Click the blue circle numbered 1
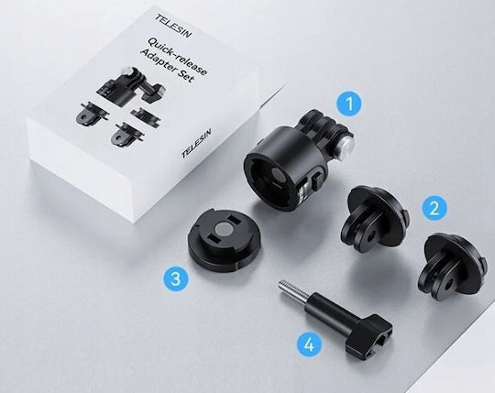click(349, 104)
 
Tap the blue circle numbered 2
click(434, 208)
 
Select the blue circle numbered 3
click(175, 279)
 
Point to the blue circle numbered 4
click(310, 344)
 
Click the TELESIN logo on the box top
click(173, 27)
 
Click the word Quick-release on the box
click(178, 56)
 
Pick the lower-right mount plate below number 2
click(453, 266)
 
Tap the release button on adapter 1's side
click(316, 182)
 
